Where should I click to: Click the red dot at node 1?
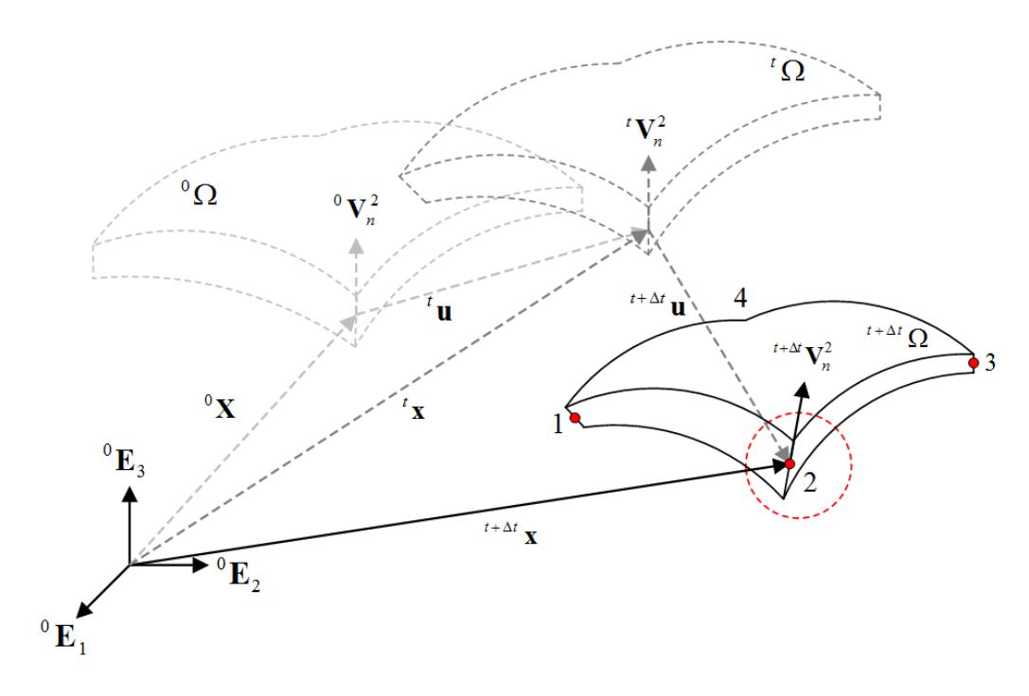click(x=575, y=418)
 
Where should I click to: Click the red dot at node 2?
click(x=790, y=464)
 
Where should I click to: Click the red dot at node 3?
click(x=973, y=363)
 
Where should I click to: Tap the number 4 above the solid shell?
click(x=739, y=298)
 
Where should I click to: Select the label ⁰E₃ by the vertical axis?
click(x=124, y=461)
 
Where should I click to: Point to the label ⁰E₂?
click(x=239, y=575)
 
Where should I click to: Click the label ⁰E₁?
click(x=63, y=635)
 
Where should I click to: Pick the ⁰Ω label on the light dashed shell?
click(x=199, y=194)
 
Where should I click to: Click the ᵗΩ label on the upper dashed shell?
click(x=787, y=69)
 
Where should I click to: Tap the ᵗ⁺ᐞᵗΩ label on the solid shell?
click(x=897, y=337)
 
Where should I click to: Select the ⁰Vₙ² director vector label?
click(x=356, y=209)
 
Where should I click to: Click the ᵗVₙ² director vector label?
click(x=647, y=130)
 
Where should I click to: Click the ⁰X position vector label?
click(x=220, y=407)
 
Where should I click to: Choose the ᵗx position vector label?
click(x=414, y=409)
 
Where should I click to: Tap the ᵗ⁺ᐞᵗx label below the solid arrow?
click(x=510, y=533)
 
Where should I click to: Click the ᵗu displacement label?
click(x=439, y=310)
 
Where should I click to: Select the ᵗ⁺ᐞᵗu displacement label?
click(x=658, y=304)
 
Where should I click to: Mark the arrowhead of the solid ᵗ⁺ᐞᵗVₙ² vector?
click(x=803, y=391)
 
